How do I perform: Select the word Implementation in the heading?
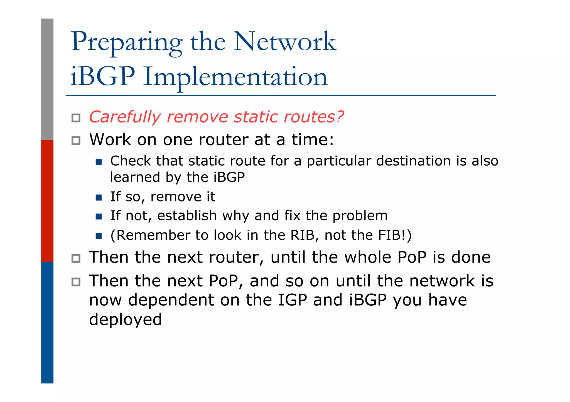tap(235, 77)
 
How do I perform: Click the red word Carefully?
tap(125, 117)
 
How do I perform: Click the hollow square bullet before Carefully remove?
tap(76, 118)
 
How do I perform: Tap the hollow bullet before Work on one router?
tap(76, 141)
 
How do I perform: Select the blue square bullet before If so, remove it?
tap(99, 198)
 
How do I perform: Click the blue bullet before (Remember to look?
tap(99, 236)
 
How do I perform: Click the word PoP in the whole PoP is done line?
tap(412, 257)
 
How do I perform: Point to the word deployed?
tap(125, 319)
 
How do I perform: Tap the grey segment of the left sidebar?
tap(47, 79)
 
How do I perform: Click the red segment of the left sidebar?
tap(47, 201)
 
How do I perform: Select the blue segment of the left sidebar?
tap(47, 322)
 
